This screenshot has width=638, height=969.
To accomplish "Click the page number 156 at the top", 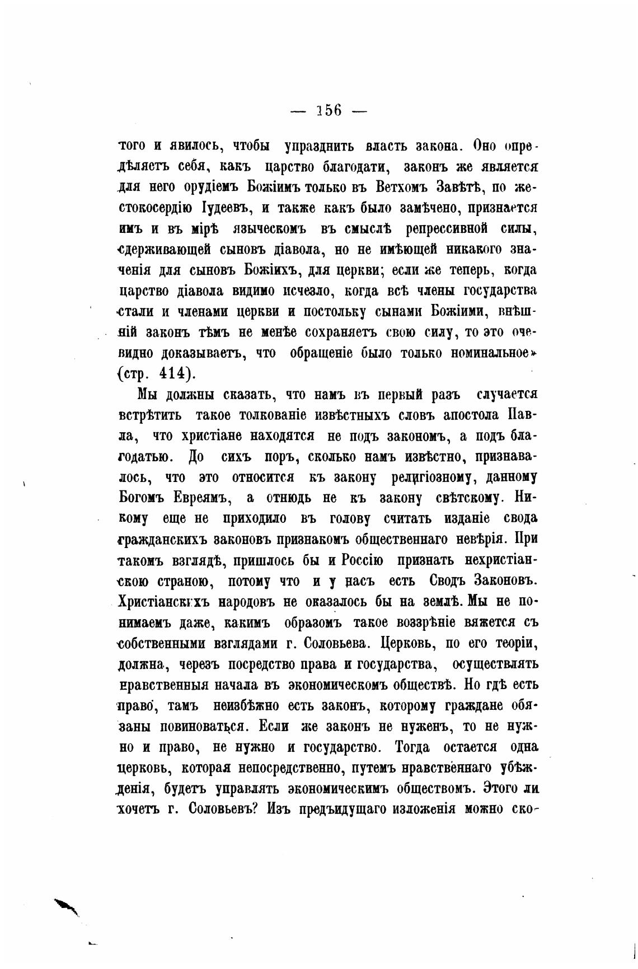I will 329,110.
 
